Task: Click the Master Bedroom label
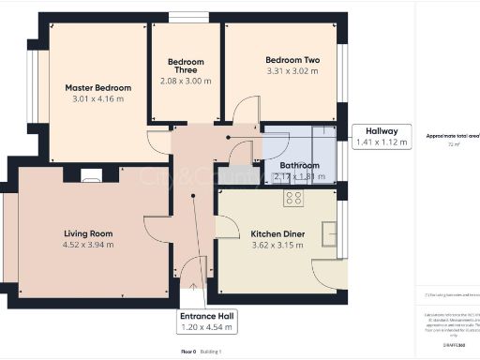97,87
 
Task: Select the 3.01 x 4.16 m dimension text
97,99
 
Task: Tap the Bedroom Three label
186,67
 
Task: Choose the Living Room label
88,233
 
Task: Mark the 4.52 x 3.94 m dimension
88,245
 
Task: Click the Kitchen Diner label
277,234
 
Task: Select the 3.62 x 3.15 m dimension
277,246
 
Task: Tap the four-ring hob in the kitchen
293,198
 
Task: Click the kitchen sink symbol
330,232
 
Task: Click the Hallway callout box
382,137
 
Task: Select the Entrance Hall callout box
208,322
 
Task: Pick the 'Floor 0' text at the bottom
187,352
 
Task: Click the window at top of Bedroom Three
190,17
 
